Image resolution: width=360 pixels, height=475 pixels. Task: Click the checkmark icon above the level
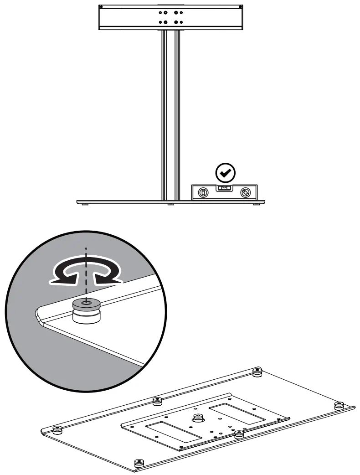coord(225,172)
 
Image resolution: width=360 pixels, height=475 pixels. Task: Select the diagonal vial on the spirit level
coord(245,193)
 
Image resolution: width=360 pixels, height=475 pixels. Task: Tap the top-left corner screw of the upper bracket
coord(101,7)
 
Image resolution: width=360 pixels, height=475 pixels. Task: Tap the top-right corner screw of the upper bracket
coord(239,7)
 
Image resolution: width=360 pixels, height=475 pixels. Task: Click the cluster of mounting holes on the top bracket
coord(170,17)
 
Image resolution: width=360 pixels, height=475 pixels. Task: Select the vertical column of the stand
coord(170,114)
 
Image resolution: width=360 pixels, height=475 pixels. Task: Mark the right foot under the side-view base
coord(257,204)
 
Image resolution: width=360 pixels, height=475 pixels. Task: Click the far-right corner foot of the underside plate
coord(339,405)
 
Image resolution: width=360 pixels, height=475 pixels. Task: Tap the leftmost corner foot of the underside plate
coord(57,429)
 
